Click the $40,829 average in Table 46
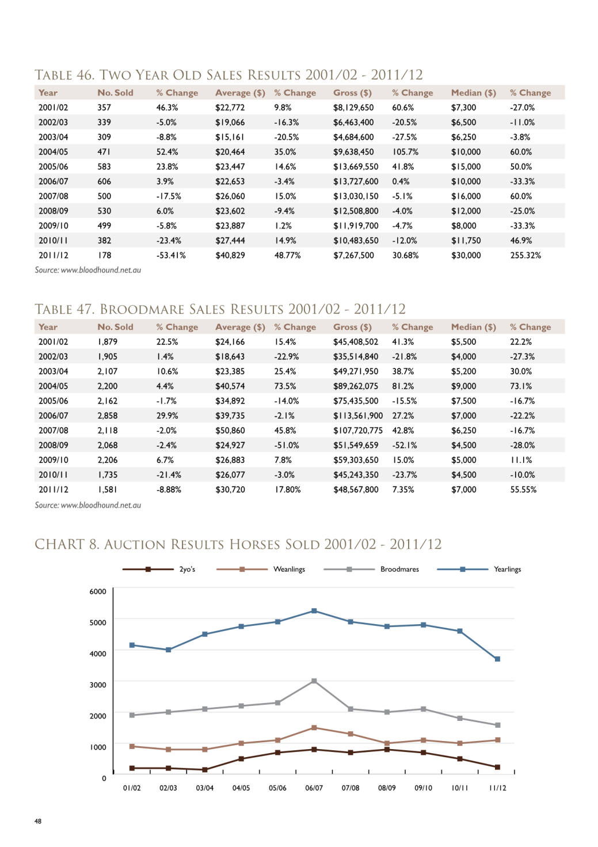point(230,255)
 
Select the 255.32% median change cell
point(525,255)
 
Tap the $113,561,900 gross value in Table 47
point(357,416)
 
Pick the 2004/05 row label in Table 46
point(54,152)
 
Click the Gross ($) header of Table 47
point(352,326)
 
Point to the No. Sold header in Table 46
point(115,93)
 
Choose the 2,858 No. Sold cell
point(108,416)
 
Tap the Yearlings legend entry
point(479,569)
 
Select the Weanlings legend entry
point(261,569)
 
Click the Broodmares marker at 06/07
point(314,681)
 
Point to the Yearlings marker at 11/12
point(497,659)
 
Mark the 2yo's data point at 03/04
point(205,769)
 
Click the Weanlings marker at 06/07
point(314,727)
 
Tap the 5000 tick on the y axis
point(97,622)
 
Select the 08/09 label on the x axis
point(387,788)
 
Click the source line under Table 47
point(87,505)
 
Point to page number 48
point(38,821)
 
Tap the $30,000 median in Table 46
point(466,255)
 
